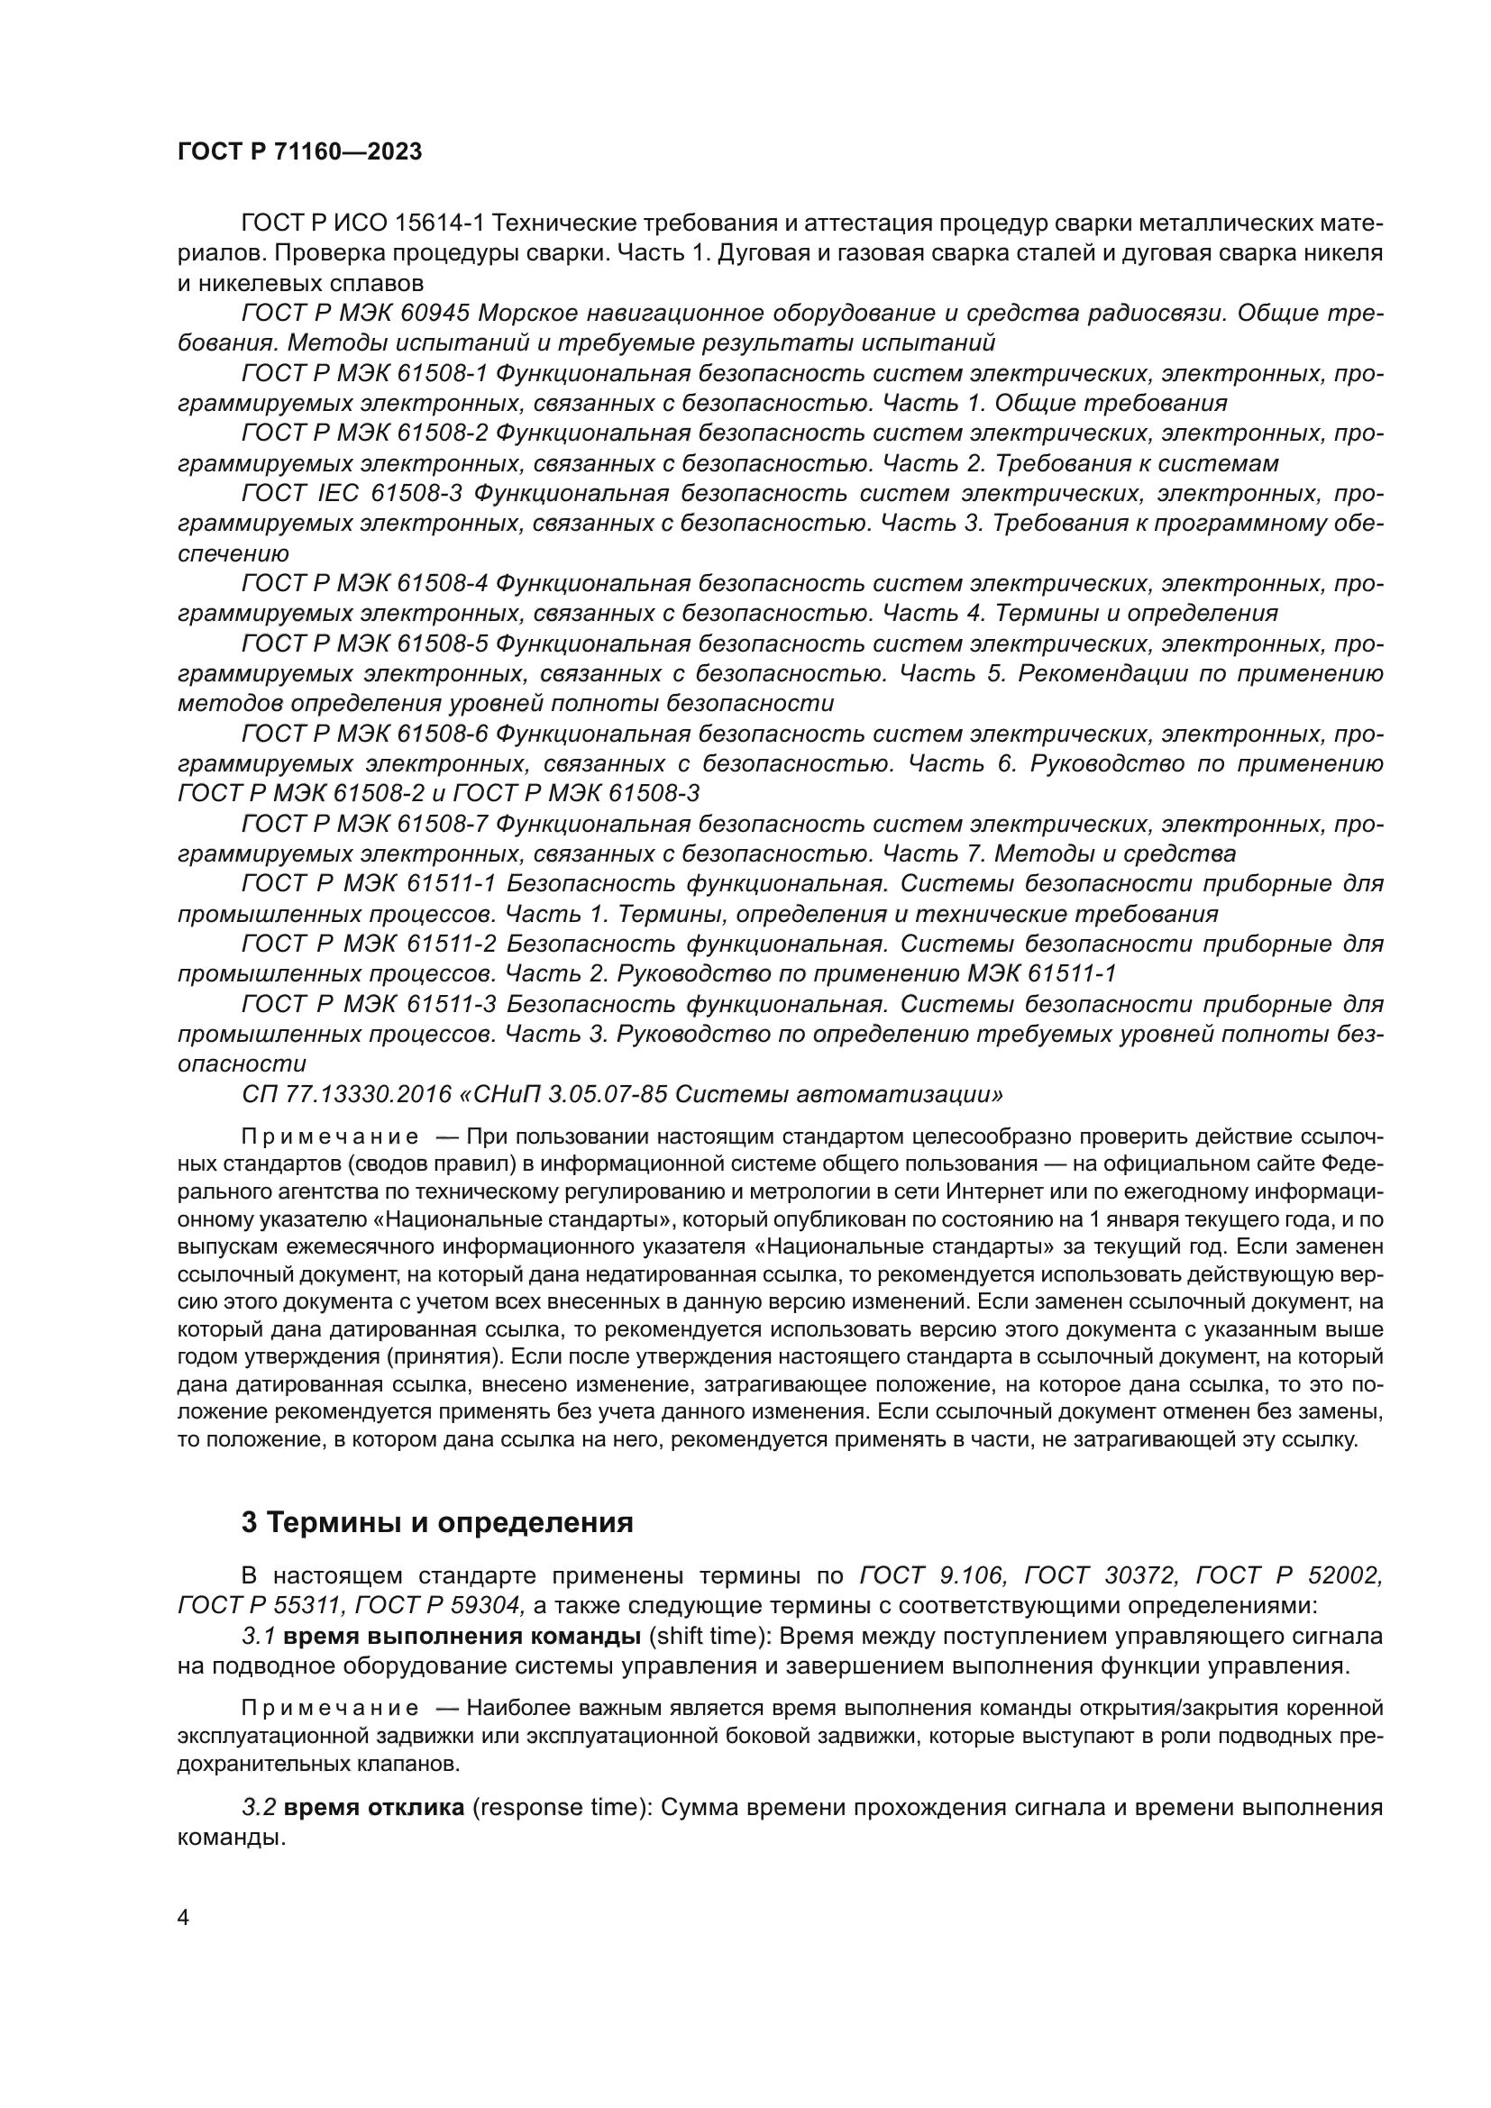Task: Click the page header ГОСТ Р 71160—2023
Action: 299,152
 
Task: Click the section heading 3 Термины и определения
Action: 437,1522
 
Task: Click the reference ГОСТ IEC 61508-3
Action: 351,493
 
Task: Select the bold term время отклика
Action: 374,1808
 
